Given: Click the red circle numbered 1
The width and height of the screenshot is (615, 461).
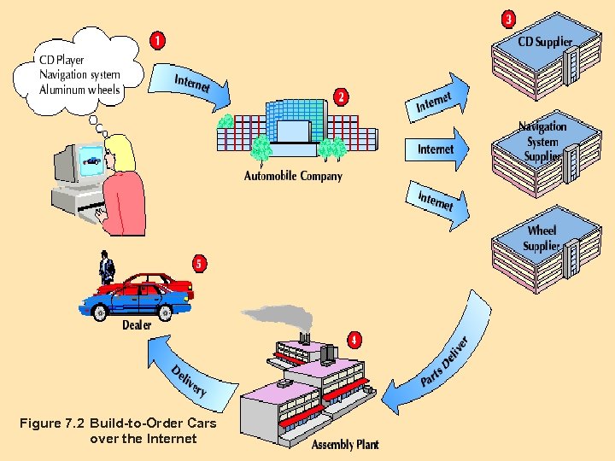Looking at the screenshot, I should tap(158, 40).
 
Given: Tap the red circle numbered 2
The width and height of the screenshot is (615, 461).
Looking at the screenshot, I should tap(342, 97).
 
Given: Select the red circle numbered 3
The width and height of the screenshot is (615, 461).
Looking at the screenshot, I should tap(508, 18).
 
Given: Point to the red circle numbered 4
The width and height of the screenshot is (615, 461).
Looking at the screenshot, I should tap(353, 340).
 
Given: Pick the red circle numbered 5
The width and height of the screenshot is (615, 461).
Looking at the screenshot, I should tap(199, 264).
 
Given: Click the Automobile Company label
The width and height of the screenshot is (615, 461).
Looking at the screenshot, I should tap(293, 176).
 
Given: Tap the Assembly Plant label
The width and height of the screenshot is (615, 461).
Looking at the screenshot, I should tap(344, 445).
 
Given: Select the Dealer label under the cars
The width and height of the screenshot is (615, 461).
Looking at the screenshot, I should tap(137, 324).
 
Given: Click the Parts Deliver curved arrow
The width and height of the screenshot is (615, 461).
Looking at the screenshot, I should tap(444, 359).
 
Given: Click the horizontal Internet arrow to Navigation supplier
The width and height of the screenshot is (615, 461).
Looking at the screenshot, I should tap(436, 149).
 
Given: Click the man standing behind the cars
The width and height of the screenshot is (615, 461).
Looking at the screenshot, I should tap(106, 268).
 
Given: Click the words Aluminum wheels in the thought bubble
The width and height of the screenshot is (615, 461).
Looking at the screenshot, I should tap(79, 90).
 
